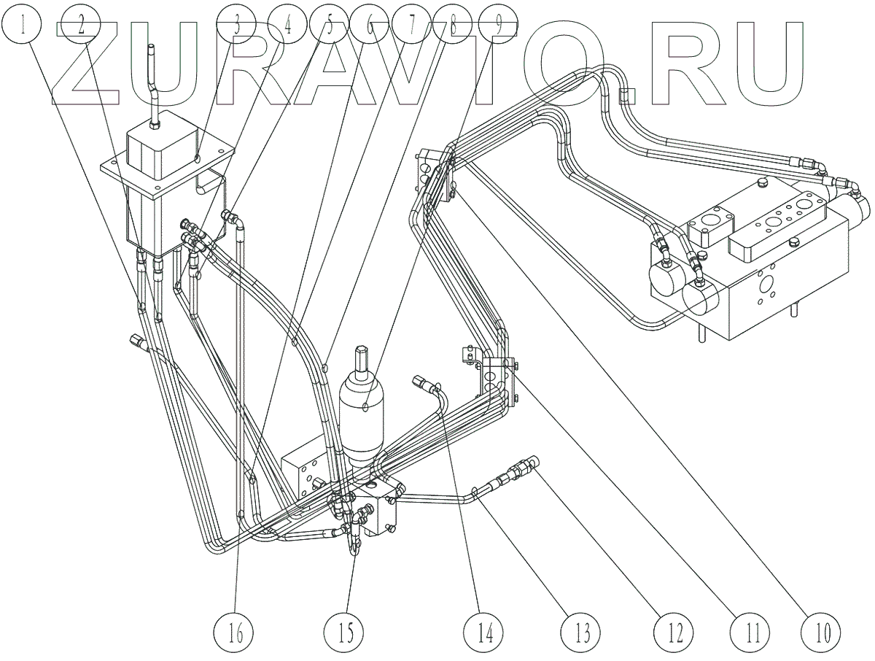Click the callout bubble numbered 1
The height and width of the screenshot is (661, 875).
tap(24, 28)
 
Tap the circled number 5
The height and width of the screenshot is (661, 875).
tap(328, 28)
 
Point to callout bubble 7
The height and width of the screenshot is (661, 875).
tap(411, 28)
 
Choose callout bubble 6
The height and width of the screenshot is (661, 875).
tap(370, 28)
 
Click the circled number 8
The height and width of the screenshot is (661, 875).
tap(453, 28)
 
